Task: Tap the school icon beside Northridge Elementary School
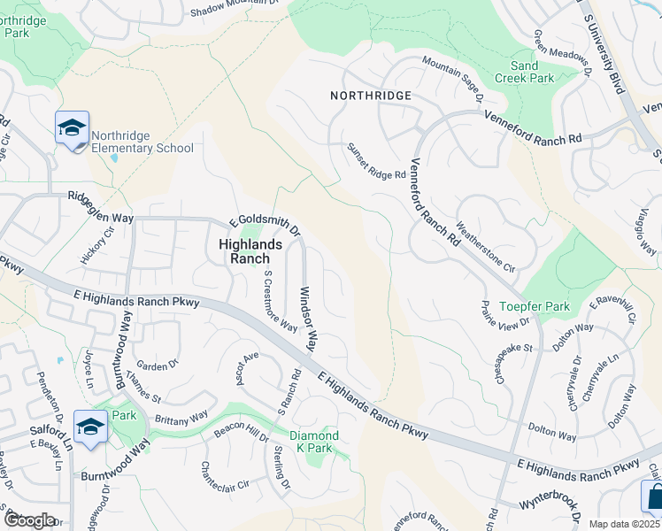(x=72, y=129)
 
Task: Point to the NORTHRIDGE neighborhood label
(x=371, y=95)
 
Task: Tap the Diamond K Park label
(x=314, y=442)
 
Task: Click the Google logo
(x=30, y=520)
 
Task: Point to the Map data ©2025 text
(x=624, y=524)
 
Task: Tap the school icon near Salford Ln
(x=91, y=428)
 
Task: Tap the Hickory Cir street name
(x=98, y=244)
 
